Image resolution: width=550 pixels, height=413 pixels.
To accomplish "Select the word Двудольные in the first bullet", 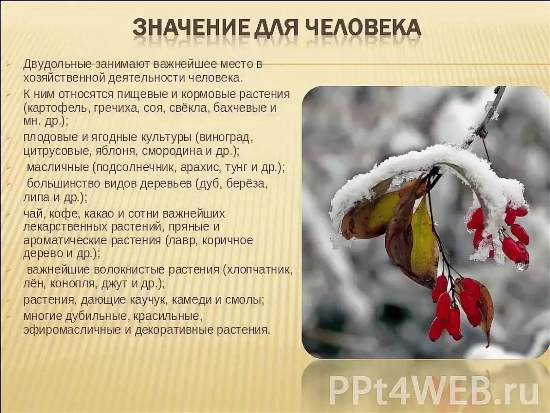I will (x=57, y=64).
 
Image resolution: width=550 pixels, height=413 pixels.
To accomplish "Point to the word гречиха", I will (x=118, y=108).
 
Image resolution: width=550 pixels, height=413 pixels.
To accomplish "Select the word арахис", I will (x=201, y=167).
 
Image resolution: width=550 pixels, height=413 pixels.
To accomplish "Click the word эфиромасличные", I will (x=72, y=329).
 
